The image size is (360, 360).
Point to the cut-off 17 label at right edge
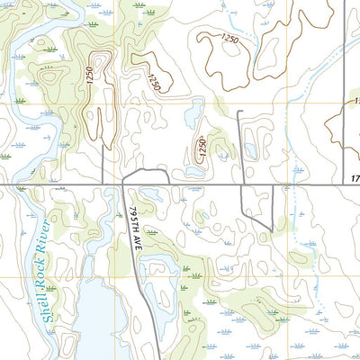[x=355, y=180]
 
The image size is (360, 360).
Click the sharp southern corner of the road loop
[x=271, y=229]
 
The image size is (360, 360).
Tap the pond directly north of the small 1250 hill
[x=193, y=115]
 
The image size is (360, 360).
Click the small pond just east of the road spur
[x=252, y=152]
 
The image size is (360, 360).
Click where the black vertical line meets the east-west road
[x=346, y=186]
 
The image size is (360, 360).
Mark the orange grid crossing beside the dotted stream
[x=288, y=103]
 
